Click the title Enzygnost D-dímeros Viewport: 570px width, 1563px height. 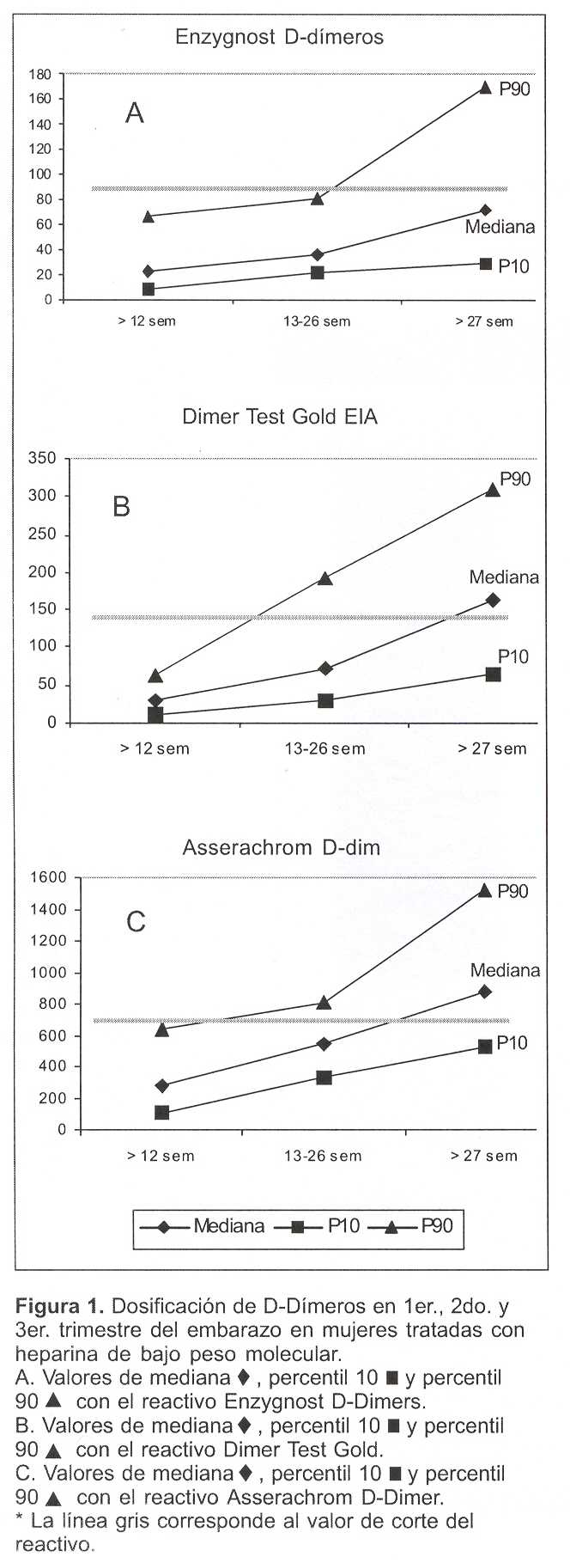[x=279, y=37]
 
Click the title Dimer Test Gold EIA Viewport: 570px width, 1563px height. [x=280, y=418]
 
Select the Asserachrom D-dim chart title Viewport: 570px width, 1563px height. [x=282, y=848]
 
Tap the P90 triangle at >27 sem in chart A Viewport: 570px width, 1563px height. [x=485, y=88]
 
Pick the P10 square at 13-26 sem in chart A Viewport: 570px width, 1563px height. [x=317, y=272]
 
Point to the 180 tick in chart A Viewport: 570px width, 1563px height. [x=40, y=74]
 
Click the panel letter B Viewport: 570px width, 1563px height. [x=122, y=506]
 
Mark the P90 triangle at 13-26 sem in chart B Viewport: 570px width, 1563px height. [x=324, y=578]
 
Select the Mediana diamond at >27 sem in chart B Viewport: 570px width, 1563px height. [x=493, y=600]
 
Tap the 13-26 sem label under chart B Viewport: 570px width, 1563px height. [x=324, y=748]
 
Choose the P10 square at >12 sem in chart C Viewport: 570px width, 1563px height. [x=161, y=1113]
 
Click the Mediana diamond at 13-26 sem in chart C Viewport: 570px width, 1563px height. [x=324, y=1044]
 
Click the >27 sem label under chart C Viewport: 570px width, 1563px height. [x=484, y=1156]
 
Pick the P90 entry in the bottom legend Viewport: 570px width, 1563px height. [x=436, y=1226]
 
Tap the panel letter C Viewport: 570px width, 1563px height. [x=136, y=922]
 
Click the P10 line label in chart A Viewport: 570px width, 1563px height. [x=513, y=266]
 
